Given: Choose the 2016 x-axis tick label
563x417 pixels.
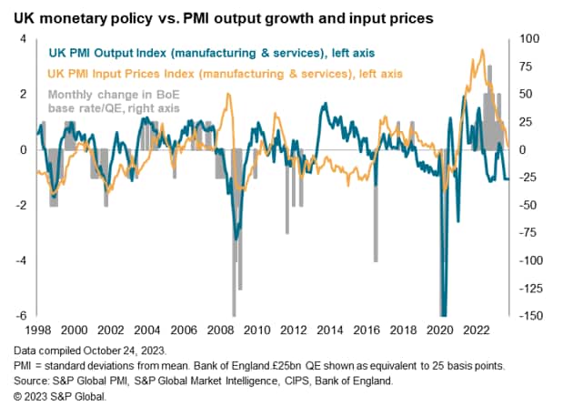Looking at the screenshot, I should click(367, 329).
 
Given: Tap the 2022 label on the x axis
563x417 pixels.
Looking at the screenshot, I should click(478, 329).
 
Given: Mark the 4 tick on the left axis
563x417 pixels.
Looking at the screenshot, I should click(25, 38).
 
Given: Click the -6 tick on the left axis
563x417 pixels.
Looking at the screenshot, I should click(23, 315).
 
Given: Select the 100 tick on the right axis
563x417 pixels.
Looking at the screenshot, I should click(528, 38).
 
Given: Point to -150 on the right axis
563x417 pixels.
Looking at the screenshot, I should click(529, 315).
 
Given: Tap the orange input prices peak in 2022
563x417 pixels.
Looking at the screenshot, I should click(482, 51).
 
